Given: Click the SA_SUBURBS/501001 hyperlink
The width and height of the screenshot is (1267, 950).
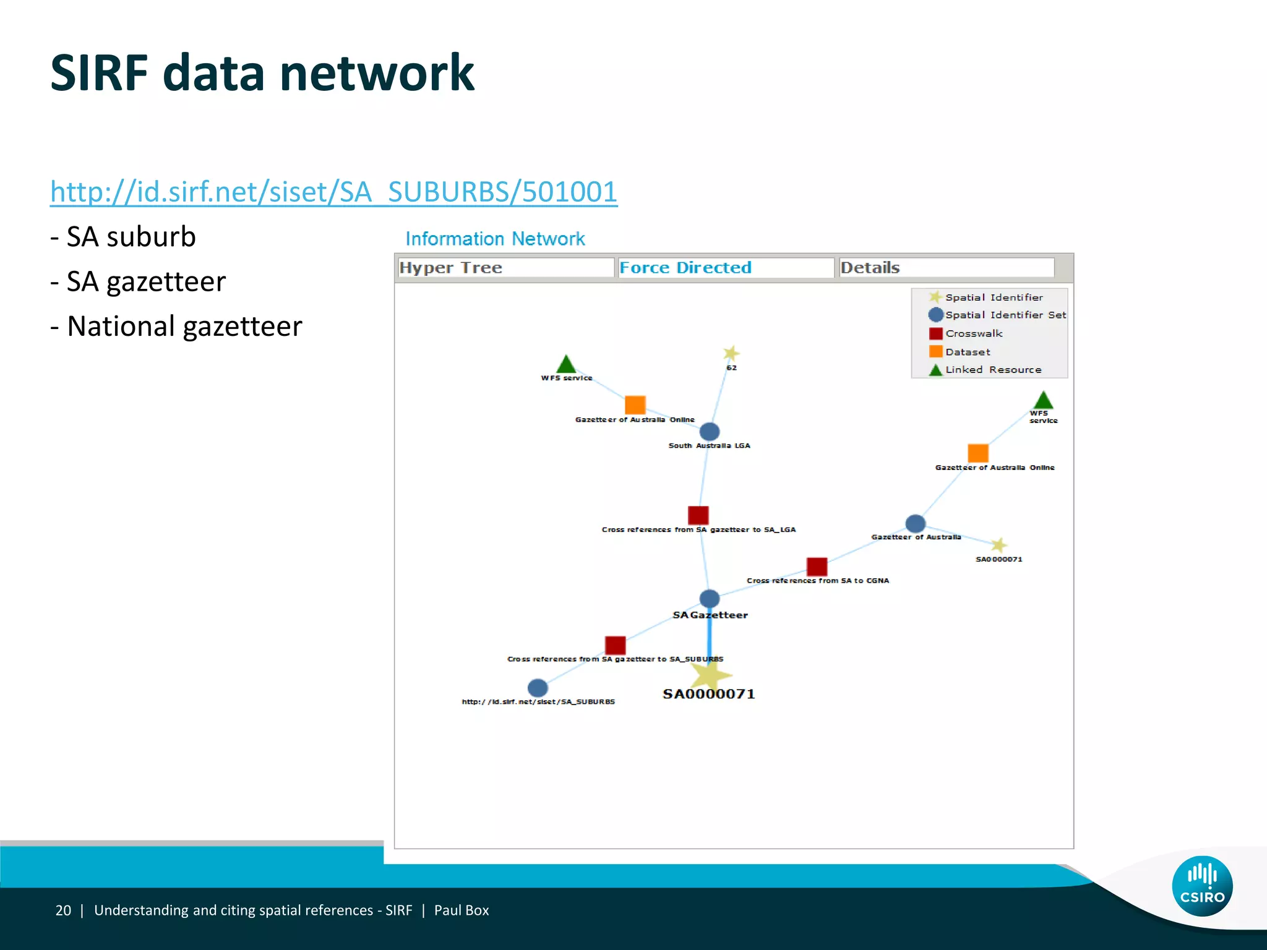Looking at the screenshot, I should pyautogui.click(x=333, y=192).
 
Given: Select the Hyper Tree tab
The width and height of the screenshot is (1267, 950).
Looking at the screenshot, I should pyautogui.click(x=505, y=268).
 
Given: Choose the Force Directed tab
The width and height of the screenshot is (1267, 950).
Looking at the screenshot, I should pyautogui.click(x=726, y=268).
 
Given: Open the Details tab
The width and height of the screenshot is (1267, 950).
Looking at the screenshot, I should pyautogui.click(x=946, y=268).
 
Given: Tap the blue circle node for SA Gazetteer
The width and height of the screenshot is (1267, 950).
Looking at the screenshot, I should pyautogui.click(x=710, y=599).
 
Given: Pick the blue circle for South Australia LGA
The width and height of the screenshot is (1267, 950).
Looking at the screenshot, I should pyautogui.click(x=710, y=432).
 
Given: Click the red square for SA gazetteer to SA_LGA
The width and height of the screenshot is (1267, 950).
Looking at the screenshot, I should pyautogui.click(x=698, y=515).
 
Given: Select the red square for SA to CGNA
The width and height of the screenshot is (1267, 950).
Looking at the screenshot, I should pyautogui.click(x=817, y=567).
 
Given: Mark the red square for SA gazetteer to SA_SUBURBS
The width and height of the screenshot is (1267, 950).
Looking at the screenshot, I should pyautogui.click(x=615, y=645).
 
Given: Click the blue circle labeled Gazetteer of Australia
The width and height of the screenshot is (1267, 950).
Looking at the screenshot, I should pyautogui.click(x=916, y=524).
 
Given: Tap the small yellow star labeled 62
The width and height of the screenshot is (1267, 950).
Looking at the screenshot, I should pyautogui.click(x=731, y=353).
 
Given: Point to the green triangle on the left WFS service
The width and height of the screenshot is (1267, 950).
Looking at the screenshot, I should pyautogui.click(x=566, y=365).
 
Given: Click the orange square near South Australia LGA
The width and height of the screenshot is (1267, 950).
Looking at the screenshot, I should pyautogui.click(x=635, y=405).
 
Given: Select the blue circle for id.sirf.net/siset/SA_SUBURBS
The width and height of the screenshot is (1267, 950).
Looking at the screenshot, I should pyautogui.click(x=538, y=688).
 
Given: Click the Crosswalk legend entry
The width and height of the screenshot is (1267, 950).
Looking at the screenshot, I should pyautogui.click(x=973, y=333).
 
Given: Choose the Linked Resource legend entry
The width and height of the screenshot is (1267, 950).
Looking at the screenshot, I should pyautogui.click(x=992, y=370).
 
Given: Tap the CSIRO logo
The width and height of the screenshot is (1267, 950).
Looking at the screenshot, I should pyautogui.click(x=1202, y=886).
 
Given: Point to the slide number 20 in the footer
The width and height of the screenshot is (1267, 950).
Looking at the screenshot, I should pyautogui.click(x=63, y=910).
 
